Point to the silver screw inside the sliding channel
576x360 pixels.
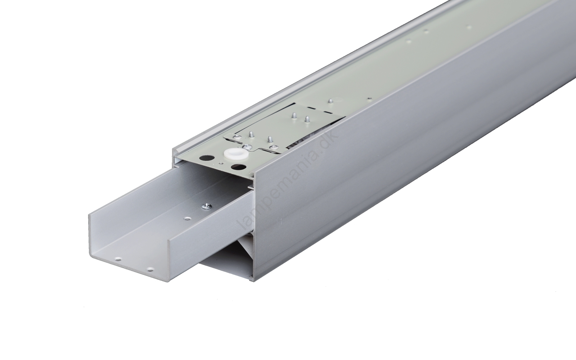(205, 212)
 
